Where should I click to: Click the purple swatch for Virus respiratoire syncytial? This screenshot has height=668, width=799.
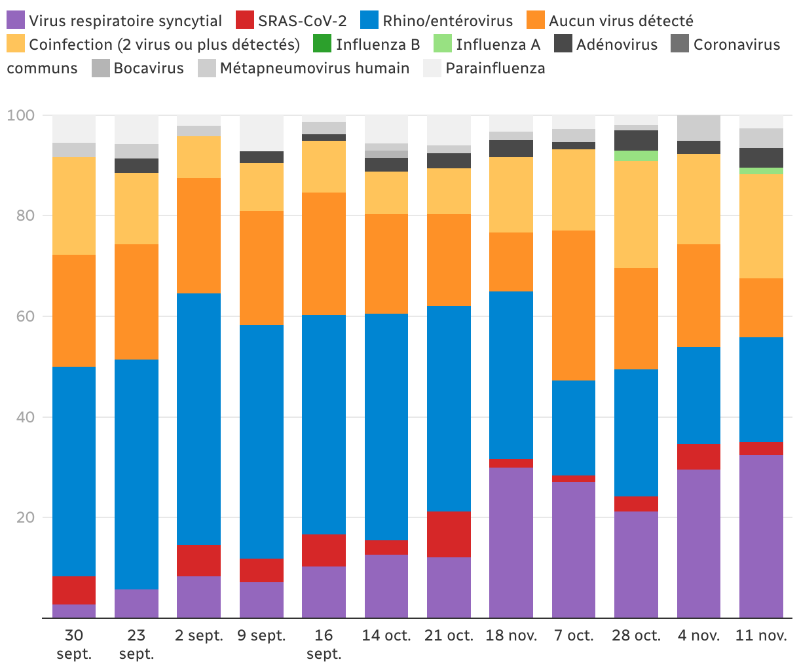pos(16,21)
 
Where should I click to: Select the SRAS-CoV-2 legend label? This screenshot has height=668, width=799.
pos(302,21)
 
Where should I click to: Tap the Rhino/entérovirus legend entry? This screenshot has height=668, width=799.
pos(447,21)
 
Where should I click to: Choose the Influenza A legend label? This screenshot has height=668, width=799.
pos(498,45)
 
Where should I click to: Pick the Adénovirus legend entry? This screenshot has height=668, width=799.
pos(616,45)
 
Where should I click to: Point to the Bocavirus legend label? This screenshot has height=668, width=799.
pos(149,68)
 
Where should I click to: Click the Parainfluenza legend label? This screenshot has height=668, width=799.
pos(495,68)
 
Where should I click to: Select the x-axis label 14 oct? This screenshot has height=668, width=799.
pos(386,635)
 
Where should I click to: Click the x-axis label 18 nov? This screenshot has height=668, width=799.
pos(511,635)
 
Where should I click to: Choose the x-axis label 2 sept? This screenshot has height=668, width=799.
pos(199,635)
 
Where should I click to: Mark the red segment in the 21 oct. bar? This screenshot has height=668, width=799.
pos(449,534)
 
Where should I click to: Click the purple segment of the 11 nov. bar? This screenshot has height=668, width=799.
pos(761,536)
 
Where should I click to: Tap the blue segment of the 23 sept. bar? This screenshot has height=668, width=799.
pos(136,474)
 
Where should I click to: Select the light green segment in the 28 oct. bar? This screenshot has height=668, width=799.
pos(636,156)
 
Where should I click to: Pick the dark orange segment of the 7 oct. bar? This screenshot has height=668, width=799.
pos(574,305)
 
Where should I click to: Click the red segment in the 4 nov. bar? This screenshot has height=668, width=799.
pos(699,456)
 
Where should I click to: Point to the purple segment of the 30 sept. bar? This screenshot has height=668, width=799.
pos(74,611)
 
